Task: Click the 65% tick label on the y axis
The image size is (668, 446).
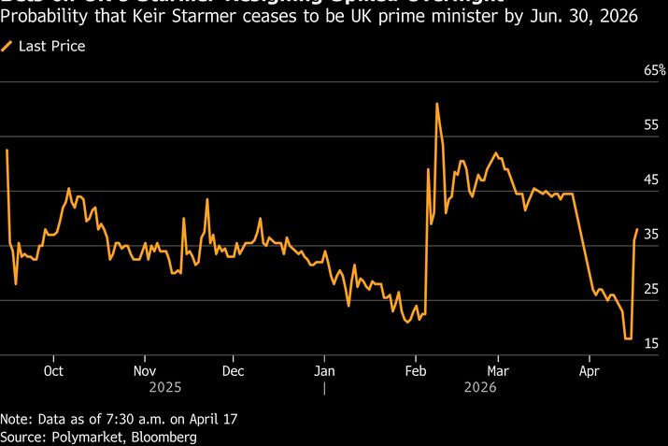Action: pyautogui.click(x=652, y=69)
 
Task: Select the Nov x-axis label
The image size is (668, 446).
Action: pyautogui.click(x=144, y=368)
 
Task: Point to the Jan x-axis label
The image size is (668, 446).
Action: pyautogui.click(x=323, y=368)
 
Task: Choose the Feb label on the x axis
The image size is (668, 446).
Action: pyautogui.click(x=415, y=368)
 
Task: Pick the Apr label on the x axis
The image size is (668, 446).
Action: pyautogui.click(x=590, y=368)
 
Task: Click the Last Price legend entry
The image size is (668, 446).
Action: pyautogui.click(x=51, y=46)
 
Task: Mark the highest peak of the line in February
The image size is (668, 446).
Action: pyautogui.click(x=436, y=104)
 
